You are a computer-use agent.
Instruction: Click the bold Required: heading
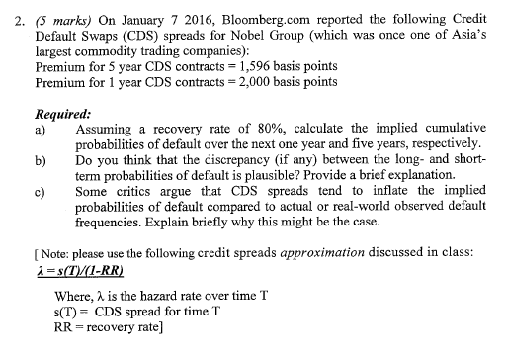pos(64,114)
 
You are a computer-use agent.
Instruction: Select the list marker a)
pos(41,131)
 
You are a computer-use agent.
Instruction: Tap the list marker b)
pos(41,161)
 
